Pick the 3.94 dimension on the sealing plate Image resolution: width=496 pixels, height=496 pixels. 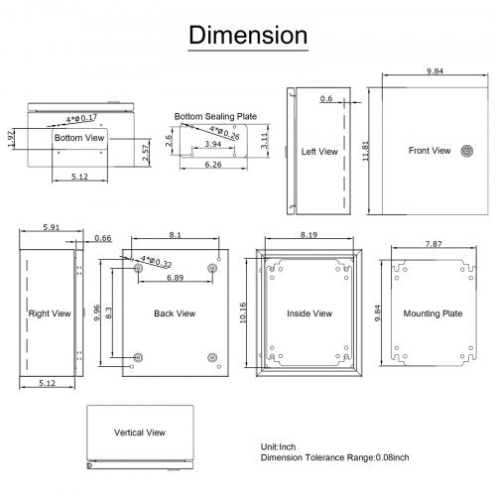pyautogui.click(x=212, y=145)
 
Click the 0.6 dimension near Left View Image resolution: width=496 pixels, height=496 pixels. pyautogui.click(x=326, y=98)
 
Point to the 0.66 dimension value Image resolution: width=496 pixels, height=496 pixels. pyautogui.click(x=103, y=238)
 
